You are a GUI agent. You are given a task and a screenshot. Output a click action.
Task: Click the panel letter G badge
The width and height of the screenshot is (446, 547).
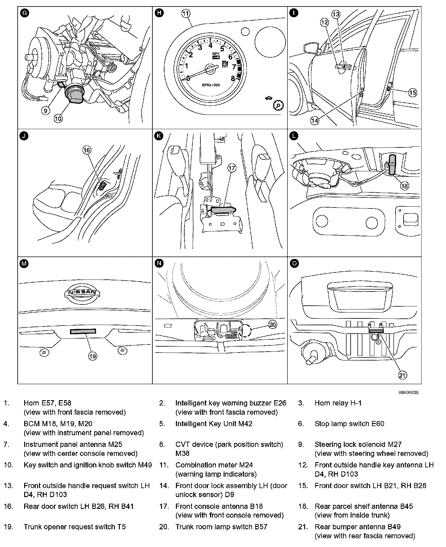tap(24, 13)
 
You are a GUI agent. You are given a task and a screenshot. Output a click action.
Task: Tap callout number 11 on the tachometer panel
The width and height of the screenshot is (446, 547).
tap(186, 13)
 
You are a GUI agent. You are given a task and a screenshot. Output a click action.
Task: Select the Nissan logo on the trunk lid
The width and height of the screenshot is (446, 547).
tap(82, 293)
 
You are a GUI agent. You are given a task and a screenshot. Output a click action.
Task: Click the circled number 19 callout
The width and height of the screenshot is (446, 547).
tap(93, 356)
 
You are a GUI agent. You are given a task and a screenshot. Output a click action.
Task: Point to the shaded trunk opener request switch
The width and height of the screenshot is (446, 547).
tap(83, 331)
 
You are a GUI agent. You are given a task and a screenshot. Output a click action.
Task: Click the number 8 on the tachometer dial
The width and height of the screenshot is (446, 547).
tap(233, 78)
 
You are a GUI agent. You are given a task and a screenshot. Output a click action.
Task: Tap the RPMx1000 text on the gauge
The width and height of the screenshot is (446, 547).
tap(211, 85)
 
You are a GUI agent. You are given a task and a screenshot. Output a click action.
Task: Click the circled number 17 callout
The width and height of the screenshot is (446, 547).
tap(232, 168)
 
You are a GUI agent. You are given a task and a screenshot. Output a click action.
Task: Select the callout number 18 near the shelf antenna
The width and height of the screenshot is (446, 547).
tap(404, 186)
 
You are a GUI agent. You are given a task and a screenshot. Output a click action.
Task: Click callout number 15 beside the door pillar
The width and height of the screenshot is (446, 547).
tap(413, 92)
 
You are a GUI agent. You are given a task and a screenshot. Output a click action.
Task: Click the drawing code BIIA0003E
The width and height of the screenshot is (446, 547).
tap(409, 392)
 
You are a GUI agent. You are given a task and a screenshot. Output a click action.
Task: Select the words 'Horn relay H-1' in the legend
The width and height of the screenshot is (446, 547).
tap(338, 403)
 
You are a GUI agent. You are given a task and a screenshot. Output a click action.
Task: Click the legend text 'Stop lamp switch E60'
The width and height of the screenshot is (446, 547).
tap(349, 424)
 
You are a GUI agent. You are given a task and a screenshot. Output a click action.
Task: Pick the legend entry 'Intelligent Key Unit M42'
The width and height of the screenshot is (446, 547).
tap(214, 424)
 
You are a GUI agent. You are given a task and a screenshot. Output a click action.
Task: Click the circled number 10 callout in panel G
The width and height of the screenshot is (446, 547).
tap(58, 118)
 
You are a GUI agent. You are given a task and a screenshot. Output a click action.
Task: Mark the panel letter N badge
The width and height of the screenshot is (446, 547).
tap(159, 264)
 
